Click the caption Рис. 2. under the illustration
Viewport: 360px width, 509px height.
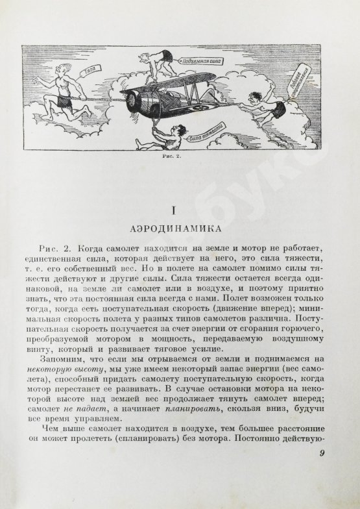[173, 158]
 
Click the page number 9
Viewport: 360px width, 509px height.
[322, 473]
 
